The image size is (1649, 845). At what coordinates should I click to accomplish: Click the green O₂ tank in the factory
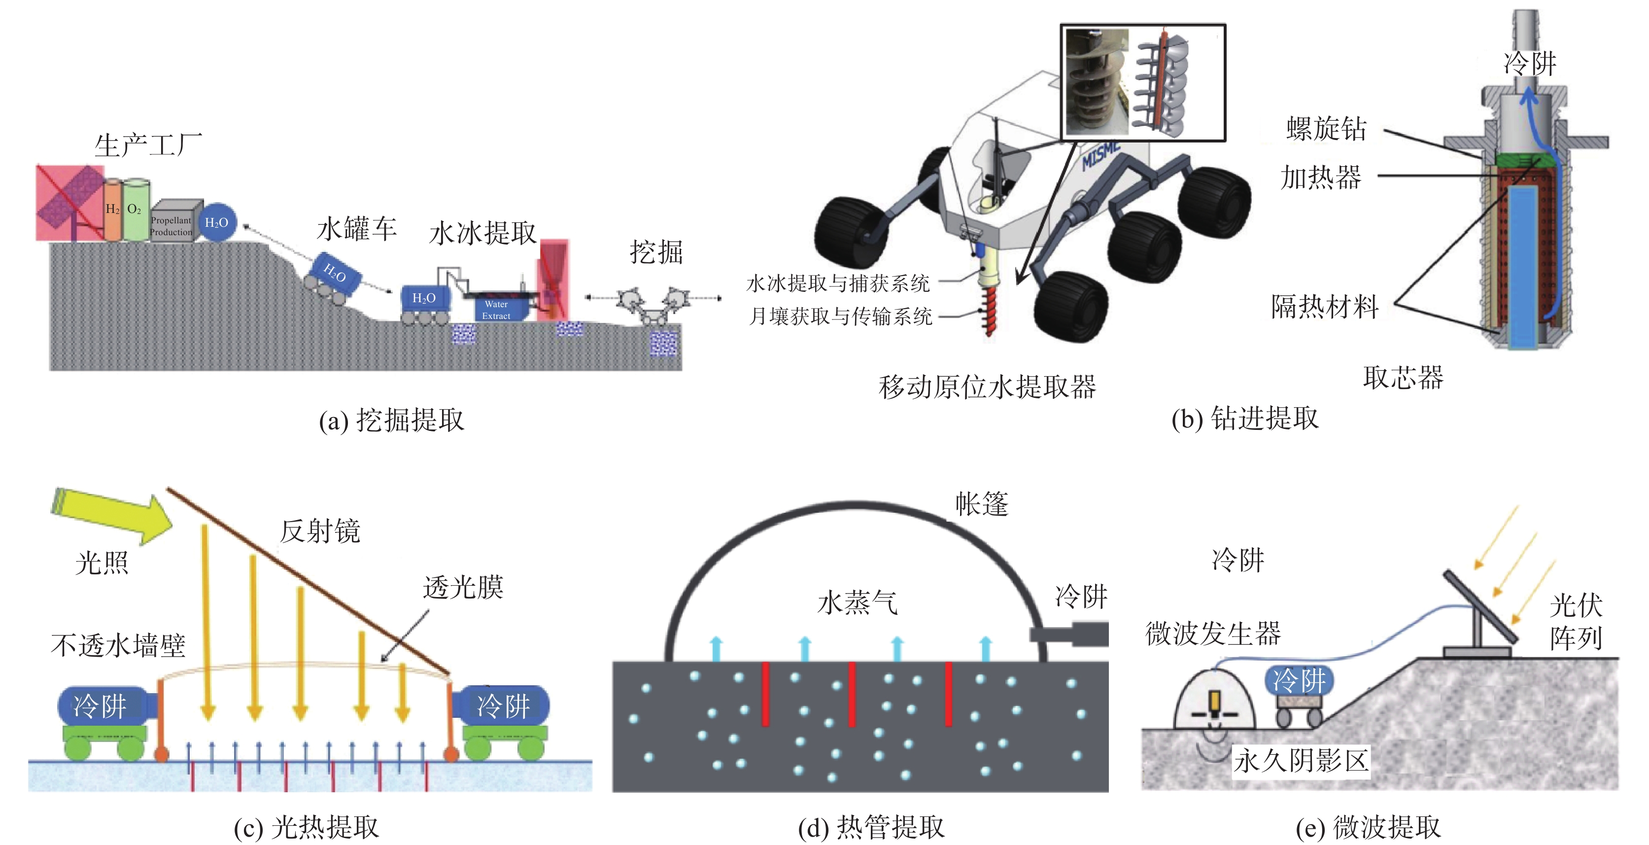tap(136, 210)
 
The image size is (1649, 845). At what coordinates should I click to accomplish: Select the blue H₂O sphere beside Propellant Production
tap(216, 223)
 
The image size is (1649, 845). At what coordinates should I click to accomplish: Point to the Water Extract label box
tap(497, 310)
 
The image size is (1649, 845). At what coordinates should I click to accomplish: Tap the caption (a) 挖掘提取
tap(392, 420)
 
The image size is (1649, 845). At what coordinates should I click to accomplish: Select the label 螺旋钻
tap(1326, 129)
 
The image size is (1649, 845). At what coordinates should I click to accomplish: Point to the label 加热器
tap(1321, 177)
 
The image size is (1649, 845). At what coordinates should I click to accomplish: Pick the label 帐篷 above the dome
tap(982, 504)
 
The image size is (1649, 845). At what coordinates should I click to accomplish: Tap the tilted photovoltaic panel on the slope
tap(1479, 605)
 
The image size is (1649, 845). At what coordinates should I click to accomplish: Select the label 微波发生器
tap(1213, 634)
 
